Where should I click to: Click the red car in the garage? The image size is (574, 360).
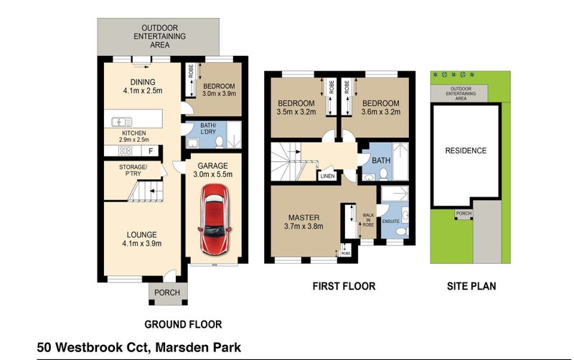pos(215,219)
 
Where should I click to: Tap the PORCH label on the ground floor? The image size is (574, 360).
pos(167,293)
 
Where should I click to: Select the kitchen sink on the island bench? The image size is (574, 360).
pos(122,121)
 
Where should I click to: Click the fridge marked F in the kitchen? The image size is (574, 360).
pos(151,151)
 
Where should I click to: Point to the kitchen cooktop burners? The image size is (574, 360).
pos(125,151)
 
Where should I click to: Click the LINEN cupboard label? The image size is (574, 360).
pos(327,176)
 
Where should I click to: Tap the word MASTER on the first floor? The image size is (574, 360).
pos(304,217)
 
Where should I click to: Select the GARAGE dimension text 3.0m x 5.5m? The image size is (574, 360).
pos(212,174)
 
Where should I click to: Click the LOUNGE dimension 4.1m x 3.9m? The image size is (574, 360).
pos(141,243)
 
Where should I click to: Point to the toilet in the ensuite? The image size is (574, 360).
pos(402,232)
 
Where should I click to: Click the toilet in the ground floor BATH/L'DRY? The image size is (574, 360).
pos(220,142)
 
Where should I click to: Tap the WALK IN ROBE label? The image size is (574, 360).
pos(368,220)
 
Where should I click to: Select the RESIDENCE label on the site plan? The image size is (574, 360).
pos(466,151)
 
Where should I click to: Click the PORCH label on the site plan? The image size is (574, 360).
pos(464,213)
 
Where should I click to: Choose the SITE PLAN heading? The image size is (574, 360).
pos(471,286)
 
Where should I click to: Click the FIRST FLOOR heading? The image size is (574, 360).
pos(344,286)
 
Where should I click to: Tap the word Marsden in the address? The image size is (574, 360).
pos(179,347)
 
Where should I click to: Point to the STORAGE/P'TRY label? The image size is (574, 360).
pos(133,170)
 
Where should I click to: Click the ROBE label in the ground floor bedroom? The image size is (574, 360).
pos(191,71)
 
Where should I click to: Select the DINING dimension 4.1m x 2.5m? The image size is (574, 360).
pos(143,91)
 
